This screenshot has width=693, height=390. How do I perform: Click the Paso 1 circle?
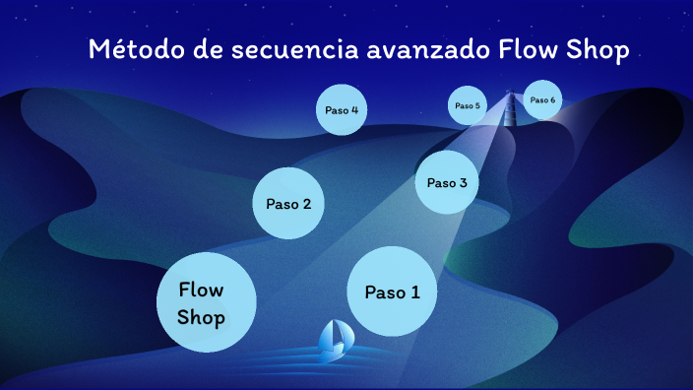[392, 292]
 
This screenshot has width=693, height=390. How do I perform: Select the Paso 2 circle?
[288, 204]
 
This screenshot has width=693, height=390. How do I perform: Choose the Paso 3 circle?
[447, 182]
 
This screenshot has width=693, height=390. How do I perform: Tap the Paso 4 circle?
[341, 110]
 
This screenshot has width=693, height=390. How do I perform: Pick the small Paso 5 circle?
[467, 105]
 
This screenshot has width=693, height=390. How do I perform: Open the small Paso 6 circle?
[542, 100]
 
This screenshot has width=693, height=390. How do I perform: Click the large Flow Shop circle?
[206, 303]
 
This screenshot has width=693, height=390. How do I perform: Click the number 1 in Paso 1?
[415, 292]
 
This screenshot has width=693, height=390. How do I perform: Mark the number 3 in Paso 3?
[463, 182]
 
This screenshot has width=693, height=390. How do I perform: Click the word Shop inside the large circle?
[201, 318]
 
